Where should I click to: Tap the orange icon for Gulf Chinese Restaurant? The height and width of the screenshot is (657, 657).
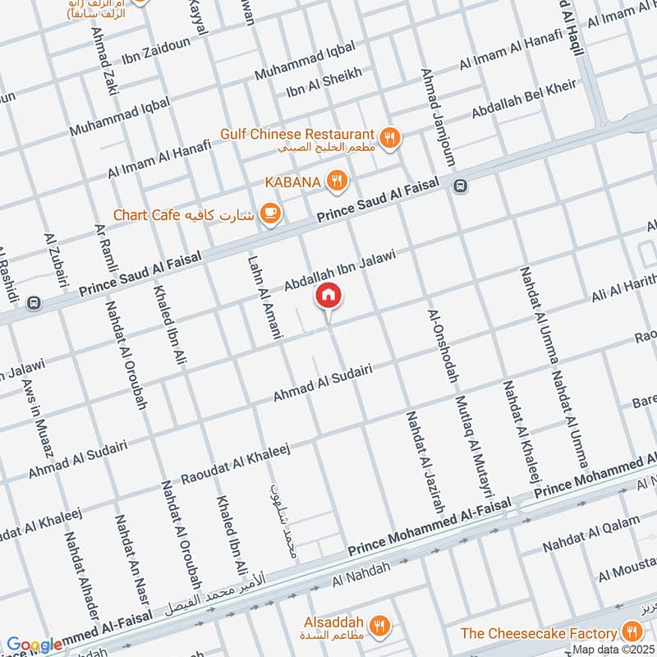tap(391, 138)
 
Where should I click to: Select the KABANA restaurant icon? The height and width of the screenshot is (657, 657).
tap(336, 181)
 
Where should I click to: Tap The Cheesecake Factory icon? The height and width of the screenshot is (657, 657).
tap(632, 632)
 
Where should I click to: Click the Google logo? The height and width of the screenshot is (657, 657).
tap(34, 646)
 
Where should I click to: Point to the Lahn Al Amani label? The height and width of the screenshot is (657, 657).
tap(264, 297)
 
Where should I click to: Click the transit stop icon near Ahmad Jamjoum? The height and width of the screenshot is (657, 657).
tap(461, 186)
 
